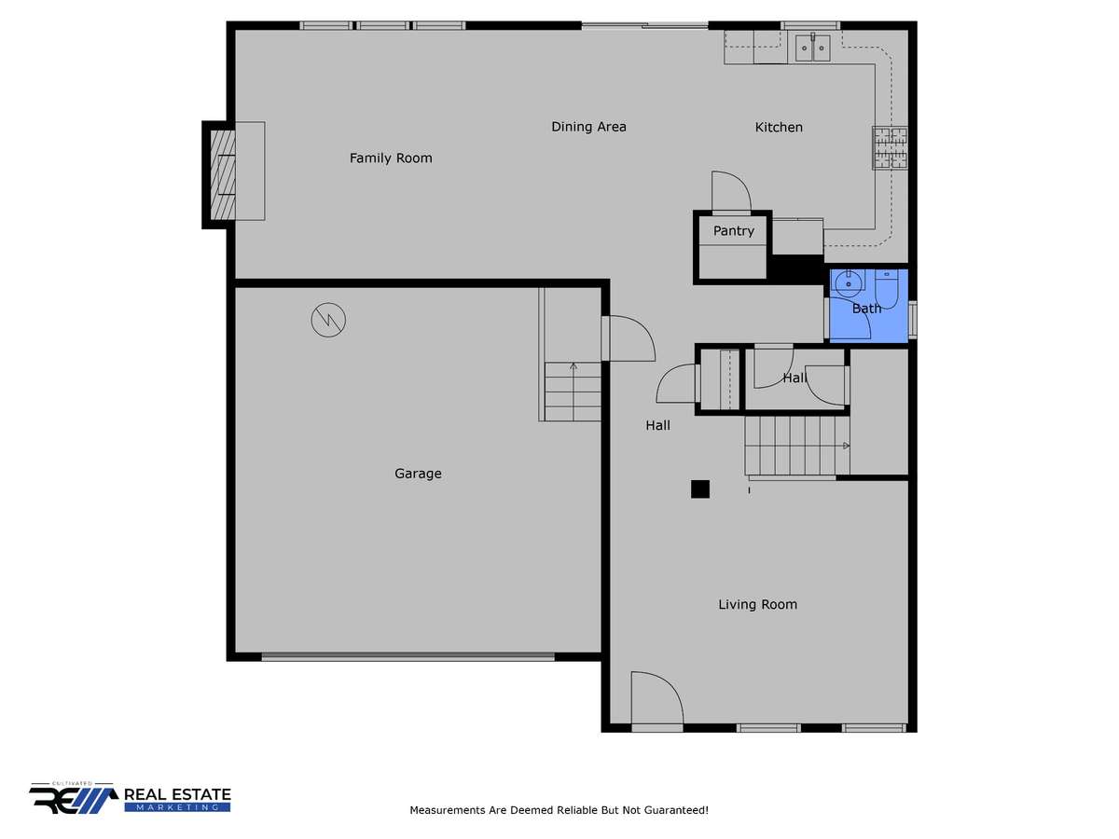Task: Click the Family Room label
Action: point(391,158)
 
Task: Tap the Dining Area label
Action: point(588,127)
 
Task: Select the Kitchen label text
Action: point(779,128)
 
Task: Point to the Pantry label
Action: point(733,231)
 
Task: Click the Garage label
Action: point(418,474)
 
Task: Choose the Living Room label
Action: point(757,605)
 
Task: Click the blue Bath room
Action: point(868,306)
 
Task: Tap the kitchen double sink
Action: point(812,48)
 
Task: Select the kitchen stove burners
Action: point(891,147)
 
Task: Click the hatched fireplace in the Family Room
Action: point(223,174)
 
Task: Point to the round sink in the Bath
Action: point(849,283)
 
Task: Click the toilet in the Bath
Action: point(887,289)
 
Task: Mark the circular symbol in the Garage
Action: point(328,320)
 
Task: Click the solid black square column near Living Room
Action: point(700,489)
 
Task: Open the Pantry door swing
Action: point(732,191)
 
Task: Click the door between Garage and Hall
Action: point(629,338)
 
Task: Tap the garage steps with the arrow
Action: point(573,392)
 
